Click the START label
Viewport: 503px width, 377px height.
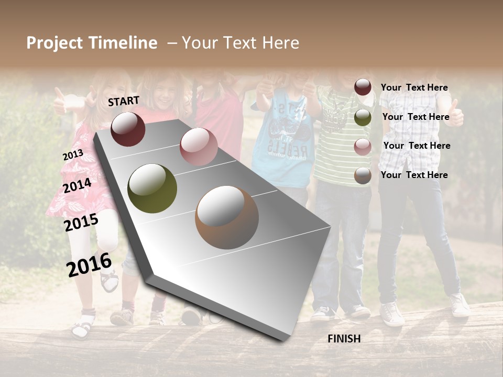124,101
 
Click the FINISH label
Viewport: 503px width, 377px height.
344,339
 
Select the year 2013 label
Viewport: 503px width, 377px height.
73,155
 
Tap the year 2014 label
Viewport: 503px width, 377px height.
78,185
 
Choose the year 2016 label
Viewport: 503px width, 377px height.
89,264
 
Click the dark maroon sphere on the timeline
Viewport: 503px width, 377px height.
128,129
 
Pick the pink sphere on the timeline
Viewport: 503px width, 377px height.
199,146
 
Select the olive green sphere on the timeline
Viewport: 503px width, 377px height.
152,188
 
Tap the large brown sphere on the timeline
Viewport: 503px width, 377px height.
226,217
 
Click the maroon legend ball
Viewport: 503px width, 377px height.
363,87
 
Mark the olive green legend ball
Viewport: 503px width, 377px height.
363,117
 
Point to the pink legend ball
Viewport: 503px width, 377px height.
363,147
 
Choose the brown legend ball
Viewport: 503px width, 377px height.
363,175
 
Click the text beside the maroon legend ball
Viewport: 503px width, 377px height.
414,88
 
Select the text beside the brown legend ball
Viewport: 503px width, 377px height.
414,175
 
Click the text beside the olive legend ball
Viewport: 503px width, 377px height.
415,117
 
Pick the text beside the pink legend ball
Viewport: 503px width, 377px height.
417,146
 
